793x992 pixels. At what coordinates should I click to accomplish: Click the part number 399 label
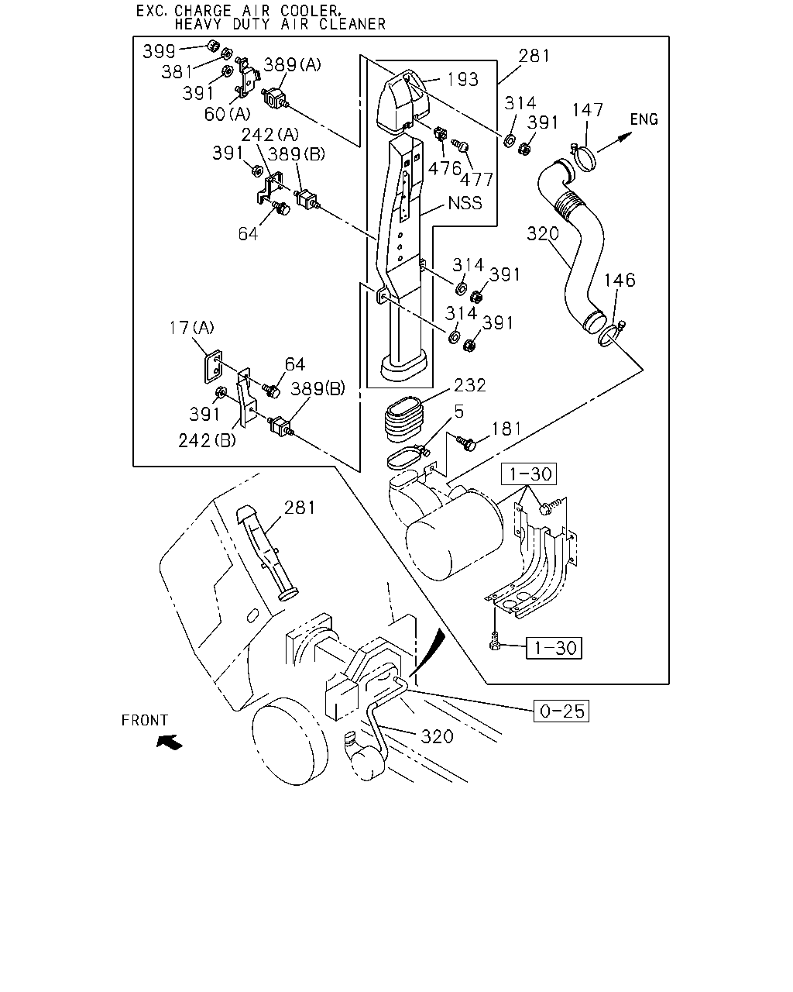point(159,51)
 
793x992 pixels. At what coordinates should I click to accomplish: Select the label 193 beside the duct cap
point(462,80)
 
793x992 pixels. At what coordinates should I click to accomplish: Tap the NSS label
point(465,203)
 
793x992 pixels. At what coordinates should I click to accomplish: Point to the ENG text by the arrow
point(644,119)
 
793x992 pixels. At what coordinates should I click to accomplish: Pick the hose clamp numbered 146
point(611,335)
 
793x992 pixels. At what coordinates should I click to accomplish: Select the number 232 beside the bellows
point(469,385)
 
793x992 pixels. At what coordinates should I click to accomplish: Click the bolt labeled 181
point(466,443)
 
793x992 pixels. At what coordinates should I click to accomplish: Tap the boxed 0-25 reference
point(561,711)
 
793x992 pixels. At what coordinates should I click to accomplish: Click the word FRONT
point(145,720)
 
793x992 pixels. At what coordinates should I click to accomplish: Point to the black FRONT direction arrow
point(169,742)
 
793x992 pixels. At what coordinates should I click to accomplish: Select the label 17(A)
point(191,328)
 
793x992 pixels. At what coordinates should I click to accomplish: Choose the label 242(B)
point(207,441)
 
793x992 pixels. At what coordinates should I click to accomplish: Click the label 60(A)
point(227,114)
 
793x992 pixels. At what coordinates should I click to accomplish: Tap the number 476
point(445,168)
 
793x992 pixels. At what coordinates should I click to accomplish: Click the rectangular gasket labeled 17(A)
point(213,367)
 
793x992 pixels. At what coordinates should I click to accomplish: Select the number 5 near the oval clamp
point(459,412)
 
